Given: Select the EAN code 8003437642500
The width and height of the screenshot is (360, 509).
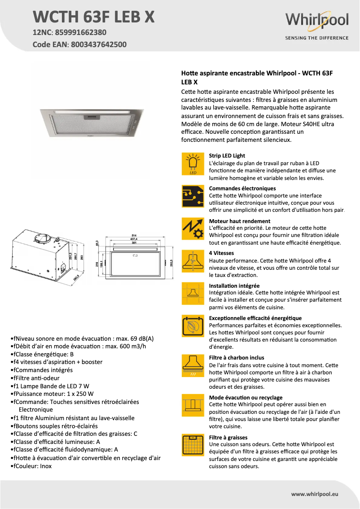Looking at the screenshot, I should pos(97,44).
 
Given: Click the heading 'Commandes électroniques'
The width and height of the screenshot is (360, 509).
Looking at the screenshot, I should pos(242,189).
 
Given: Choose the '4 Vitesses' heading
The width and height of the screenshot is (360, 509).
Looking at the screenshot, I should pos(221,253).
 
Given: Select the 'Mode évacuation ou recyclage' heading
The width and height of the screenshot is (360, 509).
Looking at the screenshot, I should pos(246,398).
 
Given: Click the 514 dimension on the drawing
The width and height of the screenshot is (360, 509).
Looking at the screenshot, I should pos(133,235).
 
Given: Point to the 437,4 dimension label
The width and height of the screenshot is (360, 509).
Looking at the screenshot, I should pos(133,240).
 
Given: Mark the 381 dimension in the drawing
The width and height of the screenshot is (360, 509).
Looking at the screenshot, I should pos(133,244).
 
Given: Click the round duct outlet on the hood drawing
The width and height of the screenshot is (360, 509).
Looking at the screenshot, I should pos(45,239).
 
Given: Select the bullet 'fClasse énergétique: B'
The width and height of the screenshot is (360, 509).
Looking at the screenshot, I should pos(42,354).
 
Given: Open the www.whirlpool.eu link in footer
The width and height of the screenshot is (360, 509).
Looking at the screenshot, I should pos(315,494).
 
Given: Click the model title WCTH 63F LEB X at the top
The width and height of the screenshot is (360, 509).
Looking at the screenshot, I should pos(94,17).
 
